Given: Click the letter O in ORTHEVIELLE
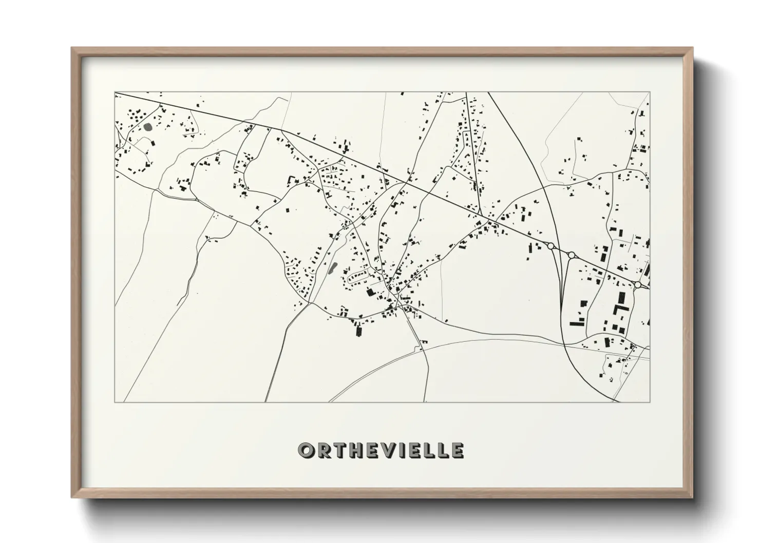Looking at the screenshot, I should pyautogui.click(x=306, y=451).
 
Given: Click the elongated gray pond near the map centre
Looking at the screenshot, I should pyautogui.click(x=332, y=268).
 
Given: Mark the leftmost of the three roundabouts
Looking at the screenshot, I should pyautogui.click(x=552, y=246).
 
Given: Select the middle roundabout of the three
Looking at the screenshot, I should pyautogui.click(x=571, y=255).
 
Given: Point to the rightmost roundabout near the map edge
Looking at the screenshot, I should pyautogui.click(x=637, y=284).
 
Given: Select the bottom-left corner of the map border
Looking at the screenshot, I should pyautogui.click(x=115, y=402).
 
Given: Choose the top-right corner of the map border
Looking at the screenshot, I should pyautogui.click(x=650, y=92).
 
